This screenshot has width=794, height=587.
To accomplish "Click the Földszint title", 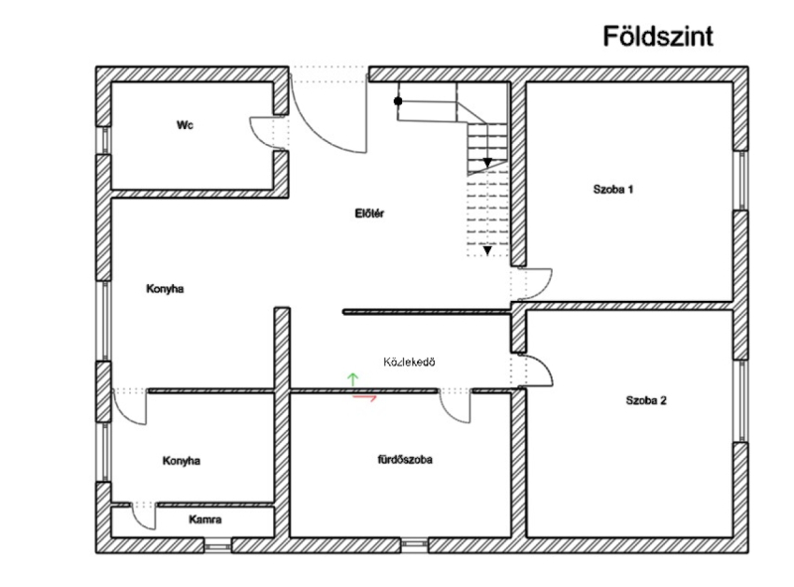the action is coord(658,36).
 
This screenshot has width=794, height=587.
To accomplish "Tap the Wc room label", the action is coord(185,125).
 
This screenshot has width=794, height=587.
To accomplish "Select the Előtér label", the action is coord(369,213).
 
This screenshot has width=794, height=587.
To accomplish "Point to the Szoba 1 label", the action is coord(613,189).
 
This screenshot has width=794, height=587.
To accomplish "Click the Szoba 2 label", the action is coord(646,400).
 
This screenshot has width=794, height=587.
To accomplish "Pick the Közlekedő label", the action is coord(409,362).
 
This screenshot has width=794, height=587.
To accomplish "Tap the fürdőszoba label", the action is coord(405,459).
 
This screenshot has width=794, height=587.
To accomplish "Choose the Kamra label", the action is coord(205,519).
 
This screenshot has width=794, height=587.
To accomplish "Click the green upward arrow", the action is coord(352,379).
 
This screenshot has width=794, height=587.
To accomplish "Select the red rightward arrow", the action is coord(364,398).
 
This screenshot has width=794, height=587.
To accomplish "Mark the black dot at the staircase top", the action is coord(398,101).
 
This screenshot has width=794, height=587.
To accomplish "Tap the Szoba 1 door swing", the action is coord(535,284).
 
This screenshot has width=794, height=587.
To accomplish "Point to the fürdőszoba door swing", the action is coord(456,406).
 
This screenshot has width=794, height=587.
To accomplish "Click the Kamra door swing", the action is coord(144,517).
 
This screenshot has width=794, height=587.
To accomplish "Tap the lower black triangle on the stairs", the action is coord(487,250).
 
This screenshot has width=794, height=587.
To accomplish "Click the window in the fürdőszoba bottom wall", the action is coord(414,544).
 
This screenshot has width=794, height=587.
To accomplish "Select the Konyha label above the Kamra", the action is coord(182,460).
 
